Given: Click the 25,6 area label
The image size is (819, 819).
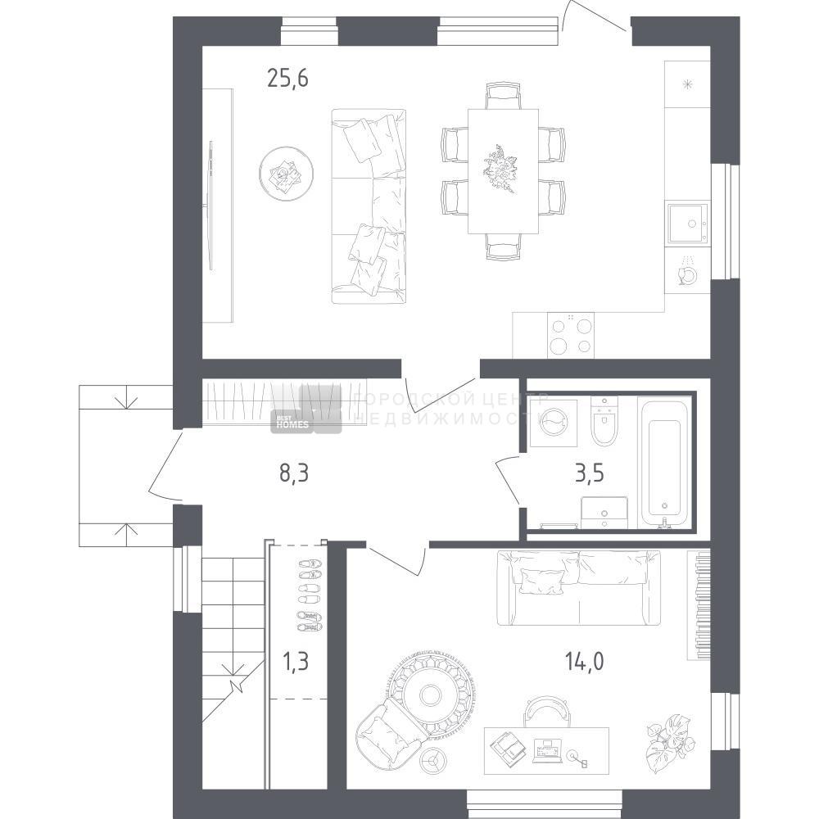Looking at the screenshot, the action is click(287, 79).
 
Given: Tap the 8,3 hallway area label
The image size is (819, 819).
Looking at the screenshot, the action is click(295, 473).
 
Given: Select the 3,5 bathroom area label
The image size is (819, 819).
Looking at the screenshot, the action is click(590, 473).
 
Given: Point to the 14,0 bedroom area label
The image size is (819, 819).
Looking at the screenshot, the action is click(585, 661).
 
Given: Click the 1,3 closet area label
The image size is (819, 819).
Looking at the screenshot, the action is click(295, 661).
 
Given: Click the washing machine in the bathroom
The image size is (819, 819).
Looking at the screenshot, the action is click(554, 423).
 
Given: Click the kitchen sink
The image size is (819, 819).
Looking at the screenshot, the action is click(689, 224).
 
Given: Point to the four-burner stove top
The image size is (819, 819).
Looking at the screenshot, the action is click(571, 335).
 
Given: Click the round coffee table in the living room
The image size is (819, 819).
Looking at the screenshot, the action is click(286, 174).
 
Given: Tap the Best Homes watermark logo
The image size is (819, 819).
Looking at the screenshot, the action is click(306, 410).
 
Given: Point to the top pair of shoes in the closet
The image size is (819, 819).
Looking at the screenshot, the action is click(310, 564).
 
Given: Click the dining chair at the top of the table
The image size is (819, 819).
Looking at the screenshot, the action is click(503, 95).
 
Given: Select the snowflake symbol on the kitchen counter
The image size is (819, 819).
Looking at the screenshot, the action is click(687, 84).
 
